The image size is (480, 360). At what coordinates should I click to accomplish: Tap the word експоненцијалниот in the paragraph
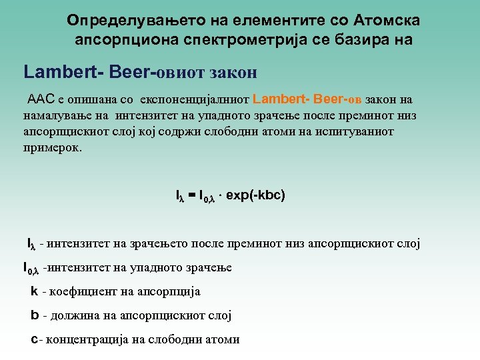(x=194, y=100)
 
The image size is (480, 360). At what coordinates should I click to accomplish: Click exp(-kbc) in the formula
(x=256, y=196)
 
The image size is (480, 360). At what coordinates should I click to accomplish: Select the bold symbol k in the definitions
(x=34, y=291)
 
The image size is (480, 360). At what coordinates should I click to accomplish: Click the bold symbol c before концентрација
(x=35, y=339)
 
